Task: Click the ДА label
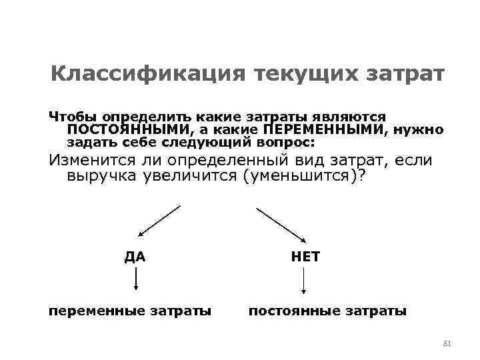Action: (135, 257)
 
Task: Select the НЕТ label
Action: (305, 257)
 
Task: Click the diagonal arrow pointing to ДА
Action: (159, 221)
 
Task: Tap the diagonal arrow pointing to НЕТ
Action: (281, 221)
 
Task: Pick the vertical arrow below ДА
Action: (136, 279)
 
